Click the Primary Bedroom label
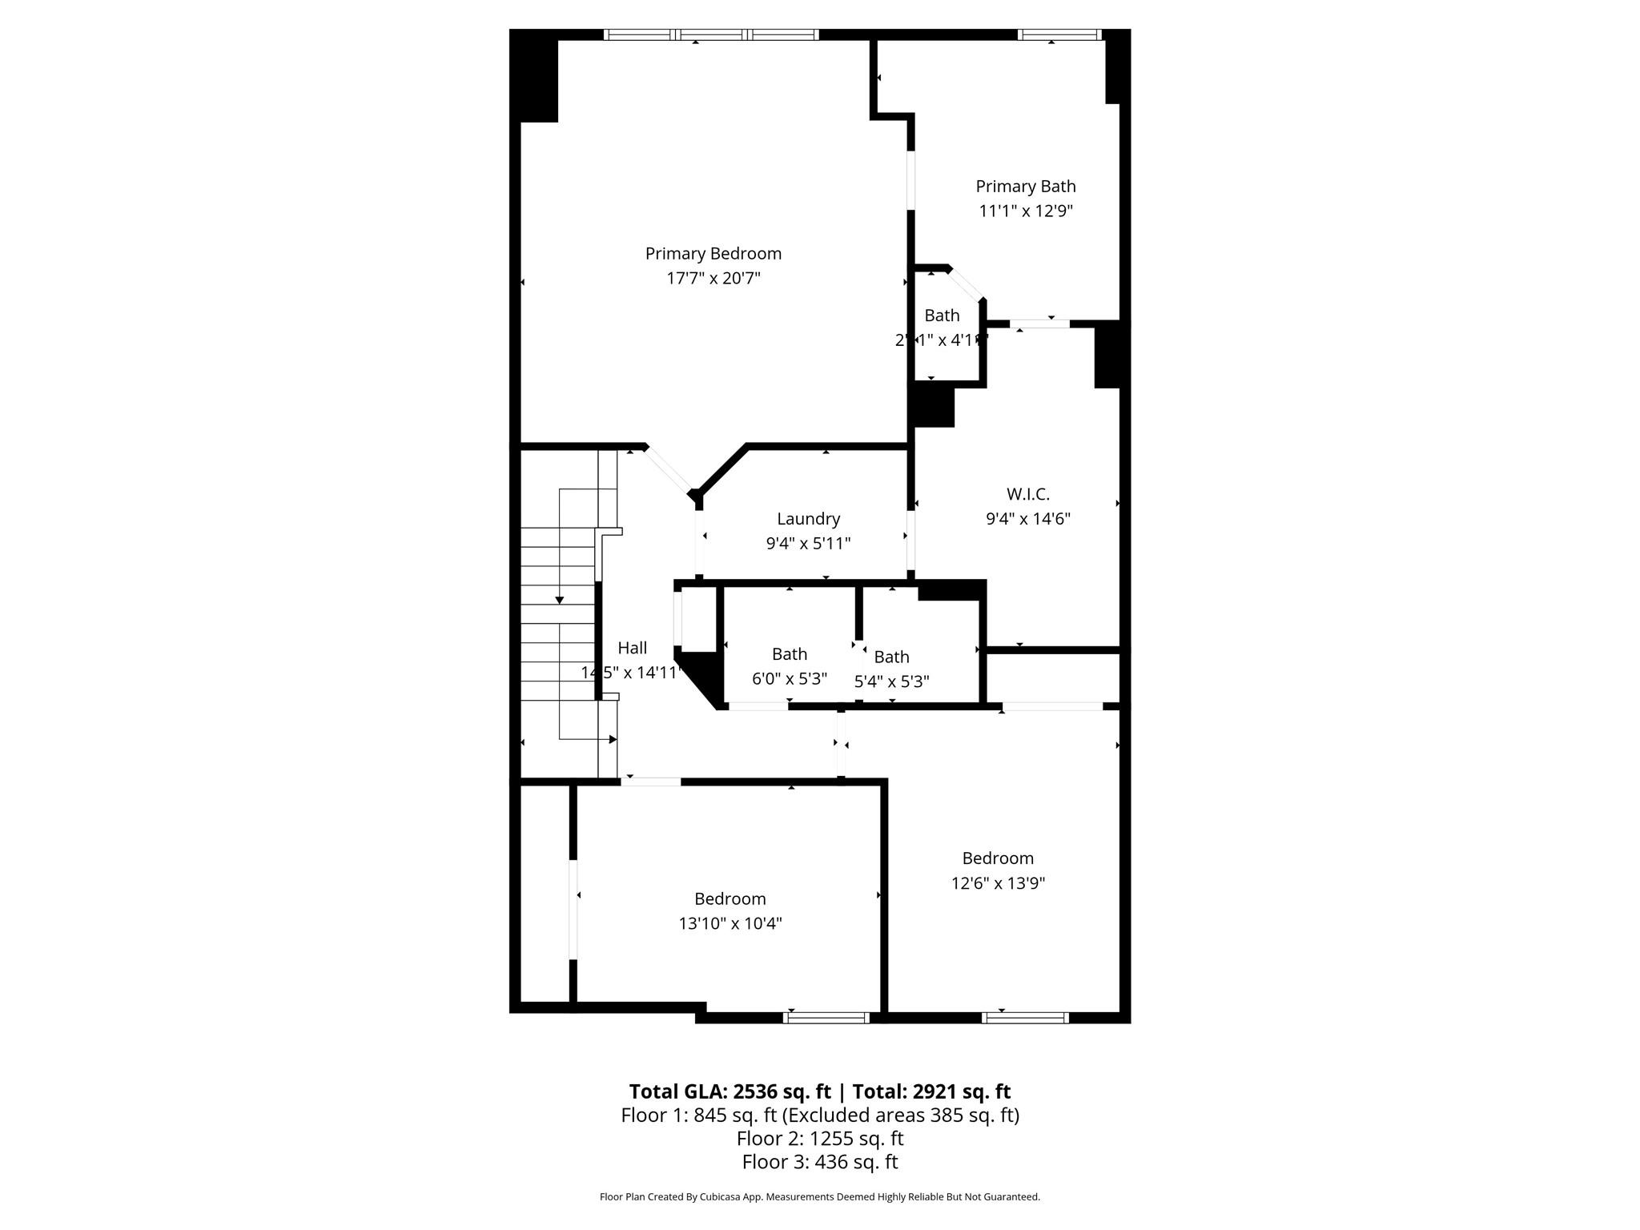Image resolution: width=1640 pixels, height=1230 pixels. [713, 254]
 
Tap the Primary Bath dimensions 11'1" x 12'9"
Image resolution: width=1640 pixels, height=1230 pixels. [1025, 211]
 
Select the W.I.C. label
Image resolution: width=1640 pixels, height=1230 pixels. [1027, 494]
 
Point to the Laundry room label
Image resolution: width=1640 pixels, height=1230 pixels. [808, 519]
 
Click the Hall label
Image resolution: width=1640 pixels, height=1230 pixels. [632, 648]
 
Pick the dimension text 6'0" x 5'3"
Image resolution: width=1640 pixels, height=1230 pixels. [789, 679]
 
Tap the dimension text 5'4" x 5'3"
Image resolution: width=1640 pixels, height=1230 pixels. [891, 681]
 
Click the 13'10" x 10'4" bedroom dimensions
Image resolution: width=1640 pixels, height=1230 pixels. [730, 923]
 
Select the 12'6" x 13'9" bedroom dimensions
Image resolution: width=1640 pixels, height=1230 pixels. [998, 883]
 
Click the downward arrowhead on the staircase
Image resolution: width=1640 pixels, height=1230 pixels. [560, 600]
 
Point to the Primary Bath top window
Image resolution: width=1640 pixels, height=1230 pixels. [1059, 34]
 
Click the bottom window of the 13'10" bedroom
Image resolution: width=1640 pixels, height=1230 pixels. [826, 1018]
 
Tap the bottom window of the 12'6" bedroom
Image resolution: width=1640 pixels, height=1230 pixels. [1025, 1018]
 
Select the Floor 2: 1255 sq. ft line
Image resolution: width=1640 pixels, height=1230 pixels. [819, 1138]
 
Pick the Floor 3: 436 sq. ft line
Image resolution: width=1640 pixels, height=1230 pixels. [819, 1162]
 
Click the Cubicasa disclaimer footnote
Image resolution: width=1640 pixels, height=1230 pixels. [819, 1197]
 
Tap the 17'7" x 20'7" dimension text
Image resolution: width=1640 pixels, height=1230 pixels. [713, 279]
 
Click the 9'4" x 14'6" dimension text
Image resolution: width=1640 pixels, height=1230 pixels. [1027, 519]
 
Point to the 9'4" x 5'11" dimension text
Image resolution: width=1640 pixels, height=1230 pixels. [808, 544]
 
